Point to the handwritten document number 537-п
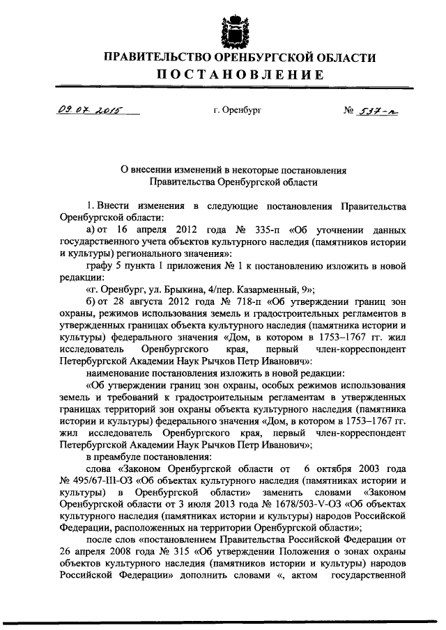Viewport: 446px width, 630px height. [x=376, y=110]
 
